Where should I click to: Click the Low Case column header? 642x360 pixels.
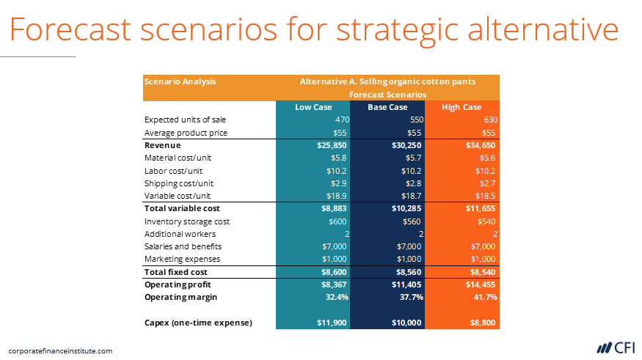(x=313, y=107)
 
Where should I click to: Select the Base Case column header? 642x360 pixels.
(x=387, y=107)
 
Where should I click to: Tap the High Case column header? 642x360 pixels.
(x=462, y=107)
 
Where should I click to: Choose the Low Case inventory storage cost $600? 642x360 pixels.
(x=337, y=221)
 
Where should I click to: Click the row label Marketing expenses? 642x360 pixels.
(x=182, y=259)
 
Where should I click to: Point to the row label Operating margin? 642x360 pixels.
(x=180, y=297)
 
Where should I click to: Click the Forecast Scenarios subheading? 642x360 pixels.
(x=387, y=95)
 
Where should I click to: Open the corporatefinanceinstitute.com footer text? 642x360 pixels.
(x=60, y=350)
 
